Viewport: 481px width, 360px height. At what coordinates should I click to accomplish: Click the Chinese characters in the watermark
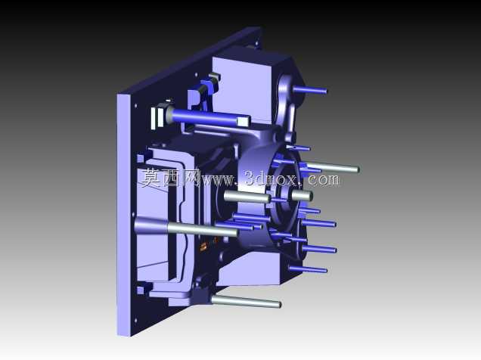[x=171, y=178]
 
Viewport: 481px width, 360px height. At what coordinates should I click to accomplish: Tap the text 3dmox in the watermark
[x=271, y=178]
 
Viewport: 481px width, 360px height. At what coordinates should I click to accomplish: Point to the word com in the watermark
[x=324, y=179]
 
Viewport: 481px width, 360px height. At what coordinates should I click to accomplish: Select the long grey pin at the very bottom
[x=246, y=301]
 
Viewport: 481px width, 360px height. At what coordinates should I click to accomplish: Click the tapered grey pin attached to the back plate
[x=185, y=228]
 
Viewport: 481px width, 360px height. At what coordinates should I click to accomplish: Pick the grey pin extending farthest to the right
[x=333, y=167]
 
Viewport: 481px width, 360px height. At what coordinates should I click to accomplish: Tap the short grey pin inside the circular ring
[x=302, y=195]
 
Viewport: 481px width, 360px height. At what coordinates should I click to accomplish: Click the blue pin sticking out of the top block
[x=310, y=90]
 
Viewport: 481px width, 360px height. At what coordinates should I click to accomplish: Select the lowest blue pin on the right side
[x=308, y=269]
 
